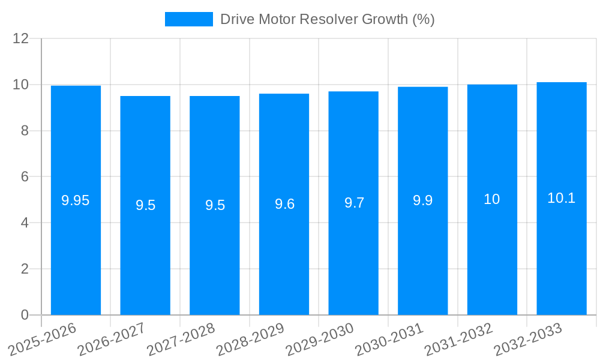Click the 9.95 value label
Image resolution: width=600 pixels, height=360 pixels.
[x=76, y=201]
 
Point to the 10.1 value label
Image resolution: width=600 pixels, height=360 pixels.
[x=561, y=198]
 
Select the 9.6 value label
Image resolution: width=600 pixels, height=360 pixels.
[x=284, y=204]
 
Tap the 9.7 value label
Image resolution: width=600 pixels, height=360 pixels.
[x=354, y=203]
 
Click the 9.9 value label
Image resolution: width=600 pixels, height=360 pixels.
[x=422, y=201]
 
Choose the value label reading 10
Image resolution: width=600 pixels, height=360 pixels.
[x=491, y=199]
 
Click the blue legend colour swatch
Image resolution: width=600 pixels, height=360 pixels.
[x=188, y=19]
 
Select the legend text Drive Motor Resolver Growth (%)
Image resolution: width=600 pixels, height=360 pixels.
[x=327, y=19]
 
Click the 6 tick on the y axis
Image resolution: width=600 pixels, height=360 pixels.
[x=25, y=177]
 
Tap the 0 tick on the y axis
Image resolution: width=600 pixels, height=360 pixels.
[x=25, y=315]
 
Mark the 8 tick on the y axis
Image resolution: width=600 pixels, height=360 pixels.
[x=25, y=131]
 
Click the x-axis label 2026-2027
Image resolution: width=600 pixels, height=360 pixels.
[x=111, y=340]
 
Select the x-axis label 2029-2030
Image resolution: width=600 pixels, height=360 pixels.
[x=319, y=340]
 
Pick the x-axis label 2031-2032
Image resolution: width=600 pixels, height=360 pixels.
[x=458, y=340]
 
